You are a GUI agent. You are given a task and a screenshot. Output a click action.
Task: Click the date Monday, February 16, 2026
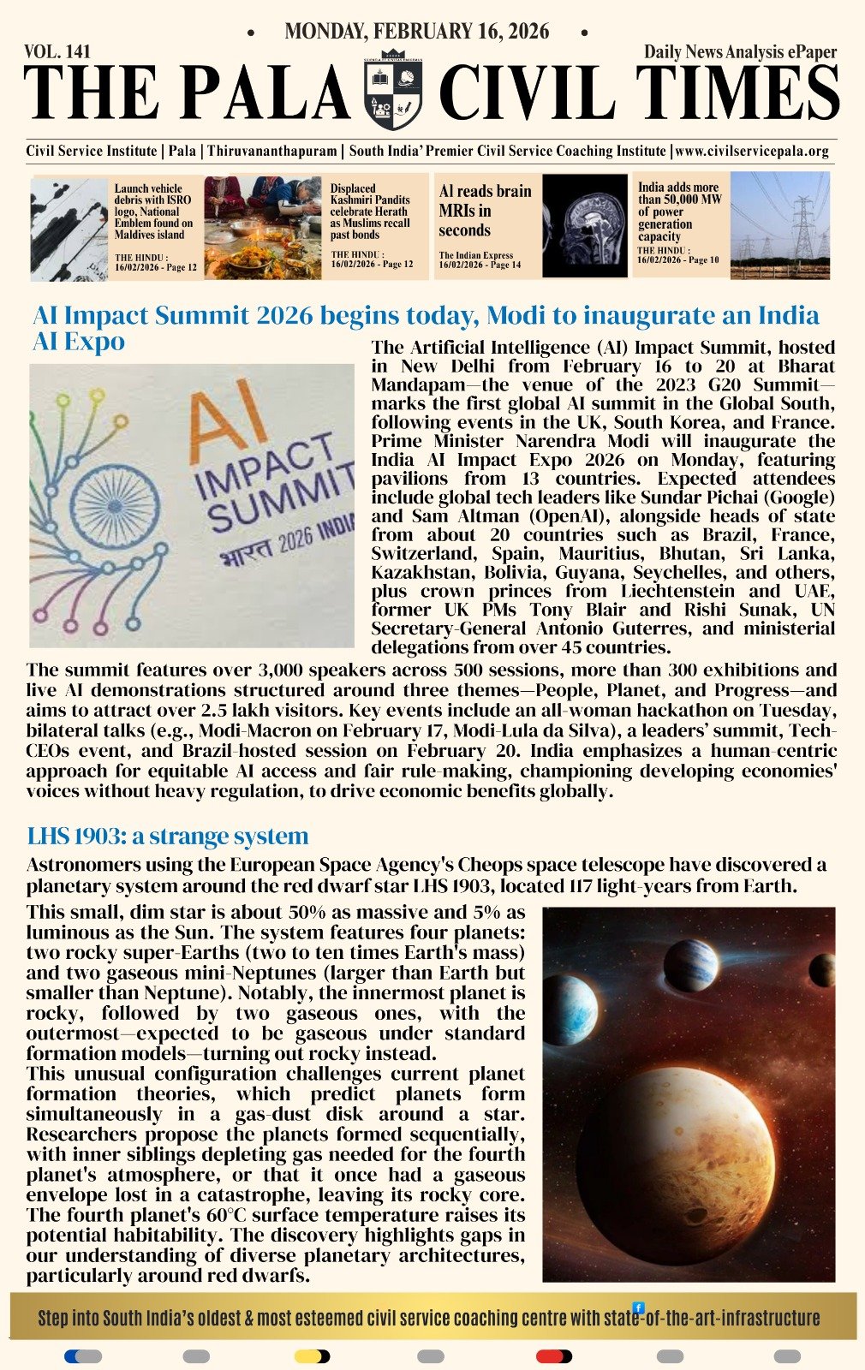click(x=417, y=33)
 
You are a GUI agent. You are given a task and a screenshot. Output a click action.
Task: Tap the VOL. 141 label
click(x=57, y=52)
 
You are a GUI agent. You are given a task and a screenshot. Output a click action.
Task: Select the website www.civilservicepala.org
click(x=752, y=152)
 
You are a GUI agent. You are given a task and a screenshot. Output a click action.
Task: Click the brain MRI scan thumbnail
click(x=585, y=226)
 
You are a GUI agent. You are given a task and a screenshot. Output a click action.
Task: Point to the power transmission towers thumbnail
click(x=779, y=226)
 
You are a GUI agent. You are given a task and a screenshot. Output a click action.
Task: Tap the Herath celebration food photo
click(x=262, y=228)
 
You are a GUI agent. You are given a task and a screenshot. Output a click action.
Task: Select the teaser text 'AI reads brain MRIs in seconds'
click(x=485, y=211)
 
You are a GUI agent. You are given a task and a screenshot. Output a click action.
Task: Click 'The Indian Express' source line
click(x=476, y=255)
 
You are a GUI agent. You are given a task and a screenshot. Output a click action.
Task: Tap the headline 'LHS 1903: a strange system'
click(x=167, y=836)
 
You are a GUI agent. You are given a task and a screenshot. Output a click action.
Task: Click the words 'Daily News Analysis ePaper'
click(x=740, y=52)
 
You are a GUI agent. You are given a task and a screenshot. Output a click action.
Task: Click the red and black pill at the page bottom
click(x=553, y=1356)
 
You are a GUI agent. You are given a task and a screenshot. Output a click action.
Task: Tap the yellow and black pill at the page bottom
click(x=312, y=1356)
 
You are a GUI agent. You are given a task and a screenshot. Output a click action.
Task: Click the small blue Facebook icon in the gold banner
click(x=638, y=1307)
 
